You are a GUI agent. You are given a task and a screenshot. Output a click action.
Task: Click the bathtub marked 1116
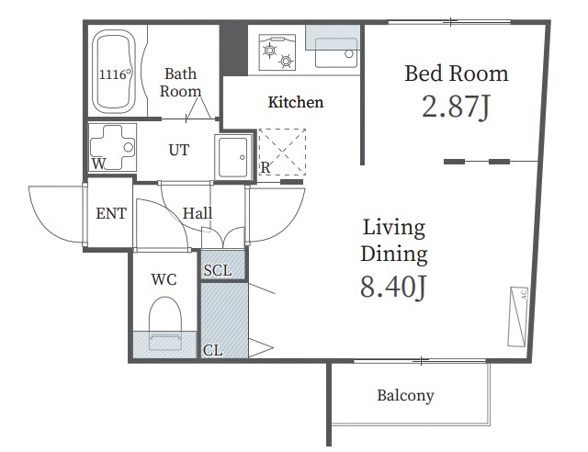click(114, 72)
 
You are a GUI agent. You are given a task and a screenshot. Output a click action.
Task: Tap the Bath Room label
click(180, 83)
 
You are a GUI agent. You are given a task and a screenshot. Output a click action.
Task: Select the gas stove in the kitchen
click(277, 52)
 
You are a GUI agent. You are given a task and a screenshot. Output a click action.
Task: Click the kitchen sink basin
click(335, 52)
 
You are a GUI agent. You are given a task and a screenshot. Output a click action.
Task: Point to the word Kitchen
click(296, 102)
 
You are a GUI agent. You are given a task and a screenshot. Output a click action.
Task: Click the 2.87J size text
click(456, 107)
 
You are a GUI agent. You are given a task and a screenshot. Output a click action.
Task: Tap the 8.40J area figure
click(393, 287)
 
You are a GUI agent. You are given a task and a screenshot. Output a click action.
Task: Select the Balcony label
click(405, 395)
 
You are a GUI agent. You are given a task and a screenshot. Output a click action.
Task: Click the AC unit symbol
click(518, 317)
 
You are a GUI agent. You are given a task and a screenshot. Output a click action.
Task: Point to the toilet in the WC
click(165, 323)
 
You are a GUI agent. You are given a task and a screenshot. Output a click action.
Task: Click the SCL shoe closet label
click(218, 270)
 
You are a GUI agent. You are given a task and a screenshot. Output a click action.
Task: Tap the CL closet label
click(212, 350)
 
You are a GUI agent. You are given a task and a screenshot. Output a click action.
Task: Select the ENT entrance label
click(111, 213)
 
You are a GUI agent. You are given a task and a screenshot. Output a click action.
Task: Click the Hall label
click(198, 213)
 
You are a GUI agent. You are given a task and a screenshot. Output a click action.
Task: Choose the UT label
click(178, 150)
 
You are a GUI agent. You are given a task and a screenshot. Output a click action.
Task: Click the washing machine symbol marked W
click(112, 147)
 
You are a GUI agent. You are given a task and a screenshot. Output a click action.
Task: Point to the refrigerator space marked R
click(282, 152)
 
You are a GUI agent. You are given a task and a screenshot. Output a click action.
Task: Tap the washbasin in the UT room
click(232, 157)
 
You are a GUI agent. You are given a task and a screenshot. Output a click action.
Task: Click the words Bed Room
click(457, 73)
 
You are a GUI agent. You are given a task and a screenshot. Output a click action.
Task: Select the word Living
click(394, 228)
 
